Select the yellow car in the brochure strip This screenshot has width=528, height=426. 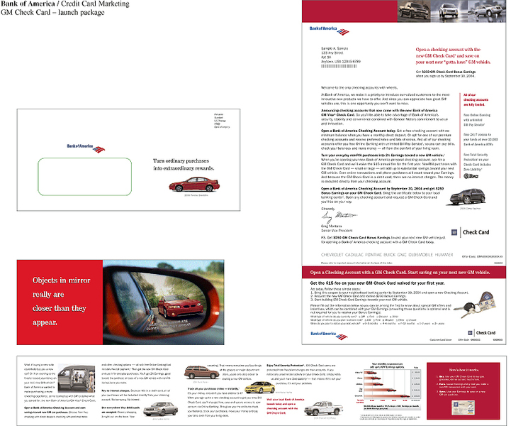click(198, 372)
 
